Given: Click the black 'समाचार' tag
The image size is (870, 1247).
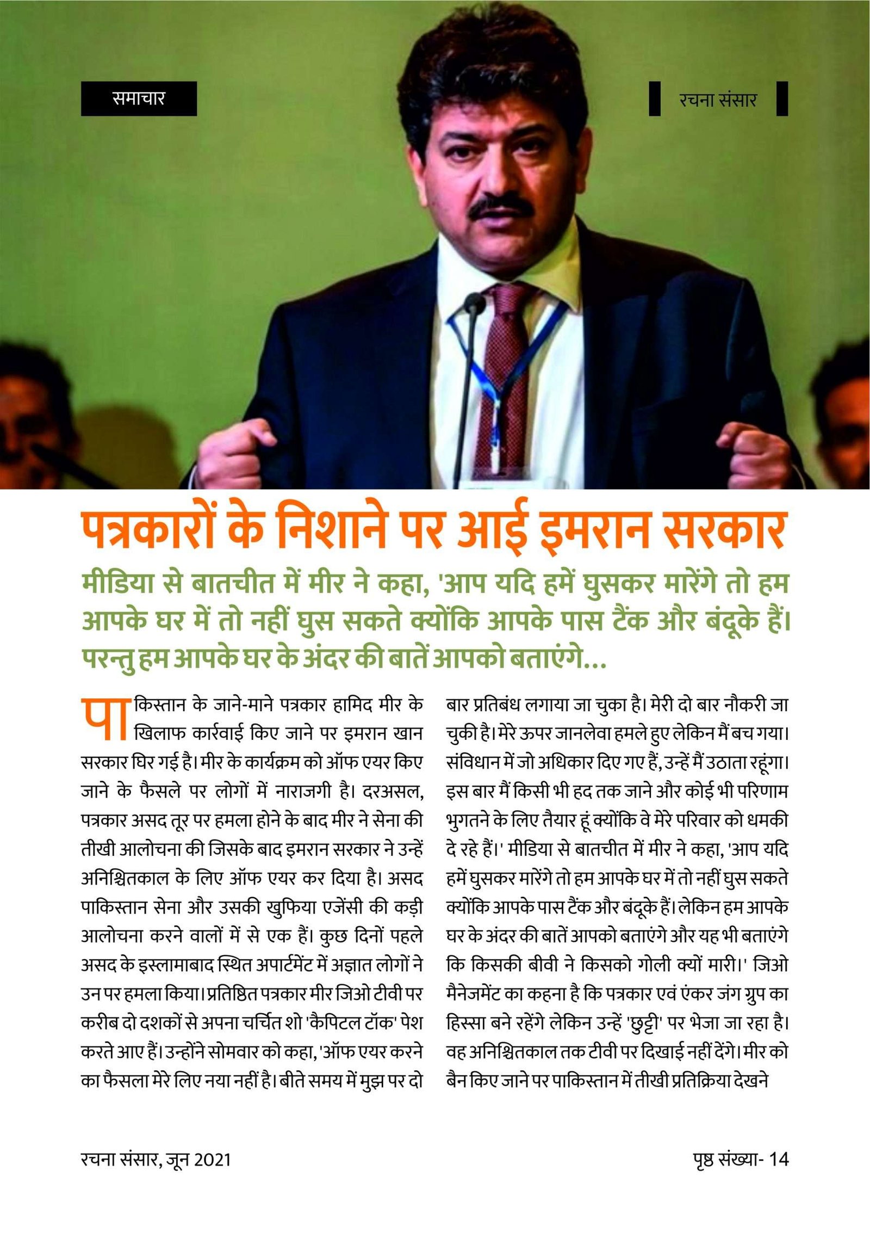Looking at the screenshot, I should pyautogui.click(x=139, y=98).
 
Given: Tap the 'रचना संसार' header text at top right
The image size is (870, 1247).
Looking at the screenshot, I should pyautogui.click(x=718, y=100).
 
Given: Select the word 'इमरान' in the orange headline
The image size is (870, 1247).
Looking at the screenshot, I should pyautogui.click(x=593, y=530).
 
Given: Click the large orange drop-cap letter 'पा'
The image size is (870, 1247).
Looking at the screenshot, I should pyautogui.click(x=104, y=719).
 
